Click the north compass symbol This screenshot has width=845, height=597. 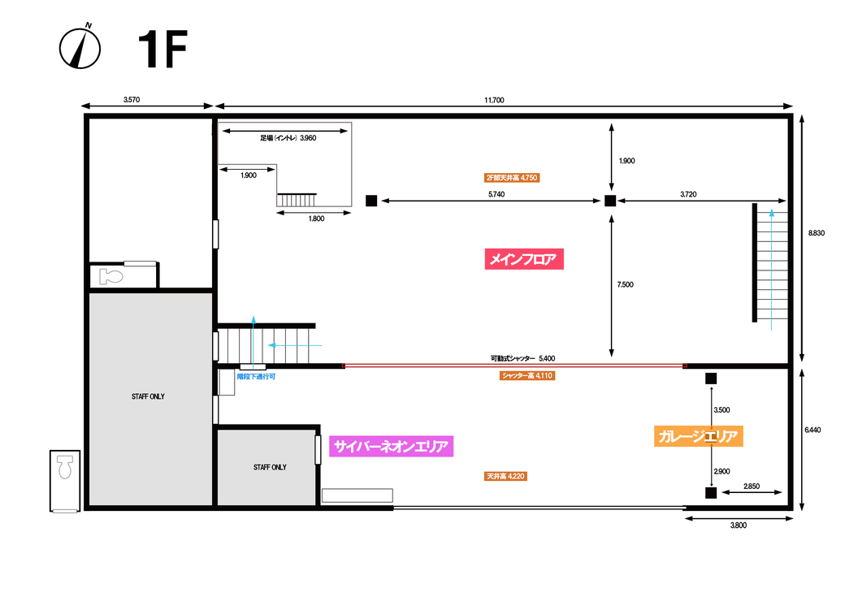tap(80, 46)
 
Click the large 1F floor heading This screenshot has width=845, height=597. tap(162, 49)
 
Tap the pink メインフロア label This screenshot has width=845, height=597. tap(524, 259)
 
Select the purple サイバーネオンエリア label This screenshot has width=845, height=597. tap(391, 446)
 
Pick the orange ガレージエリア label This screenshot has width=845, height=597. tap(699, 436)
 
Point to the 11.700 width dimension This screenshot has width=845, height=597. tap(494, 100)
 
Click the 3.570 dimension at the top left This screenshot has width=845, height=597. tap(132, 100)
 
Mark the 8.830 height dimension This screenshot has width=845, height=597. tap(816, 233)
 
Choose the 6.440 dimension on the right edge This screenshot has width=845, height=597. tap(812, 430)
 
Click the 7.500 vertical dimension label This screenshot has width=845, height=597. tap(625, 284)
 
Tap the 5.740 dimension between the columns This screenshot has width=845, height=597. tap(496, 194)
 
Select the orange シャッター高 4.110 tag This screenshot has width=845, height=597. tap(527, 375)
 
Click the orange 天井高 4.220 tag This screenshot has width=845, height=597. tap(505, 476)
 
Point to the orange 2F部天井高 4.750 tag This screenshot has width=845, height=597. tap(511, 178)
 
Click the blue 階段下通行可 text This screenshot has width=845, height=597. tap(256, 377)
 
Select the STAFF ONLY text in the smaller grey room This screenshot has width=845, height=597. tap(270, 467)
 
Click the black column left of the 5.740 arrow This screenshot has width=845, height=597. tap(371, 201)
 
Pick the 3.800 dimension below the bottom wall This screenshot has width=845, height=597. tap(739, 526)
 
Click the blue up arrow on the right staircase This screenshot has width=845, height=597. tap(772, 270)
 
